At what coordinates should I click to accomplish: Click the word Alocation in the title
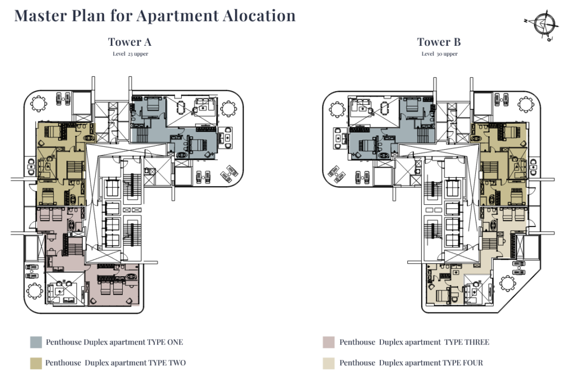click(x=259, y=15)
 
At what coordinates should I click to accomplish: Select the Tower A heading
click(x=130, y=42)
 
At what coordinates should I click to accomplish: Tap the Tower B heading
click(x=439, y=42)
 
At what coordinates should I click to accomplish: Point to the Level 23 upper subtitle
click(x=130, y=54)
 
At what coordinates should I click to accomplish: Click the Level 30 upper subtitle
click(x=439, y=54)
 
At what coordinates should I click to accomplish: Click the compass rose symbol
click(x=542, y=25)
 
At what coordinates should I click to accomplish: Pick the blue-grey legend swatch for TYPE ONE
click(x=36, y=342)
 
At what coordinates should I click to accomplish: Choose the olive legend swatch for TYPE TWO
click(x=36, y=363)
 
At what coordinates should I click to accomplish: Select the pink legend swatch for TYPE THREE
click(x=329, y=342)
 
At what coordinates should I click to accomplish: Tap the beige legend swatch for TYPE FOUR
click(x=329, y=363)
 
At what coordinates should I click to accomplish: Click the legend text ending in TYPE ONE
click(x=114, y=342)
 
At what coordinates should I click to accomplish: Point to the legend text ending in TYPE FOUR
click(x=411, y=363)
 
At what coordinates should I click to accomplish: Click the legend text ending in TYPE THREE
click(x=415, y=342)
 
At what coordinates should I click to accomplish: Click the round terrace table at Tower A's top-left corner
click(x=38, y=104)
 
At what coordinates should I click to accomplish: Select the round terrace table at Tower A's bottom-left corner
click(x=34, y=290)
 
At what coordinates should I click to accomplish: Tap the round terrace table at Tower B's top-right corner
click(x=526, y=104)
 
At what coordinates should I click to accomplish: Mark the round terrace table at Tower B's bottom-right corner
click(x=508, y=283)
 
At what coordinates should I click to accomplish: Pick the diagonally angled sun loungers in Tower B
click(x=337, y=174)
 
